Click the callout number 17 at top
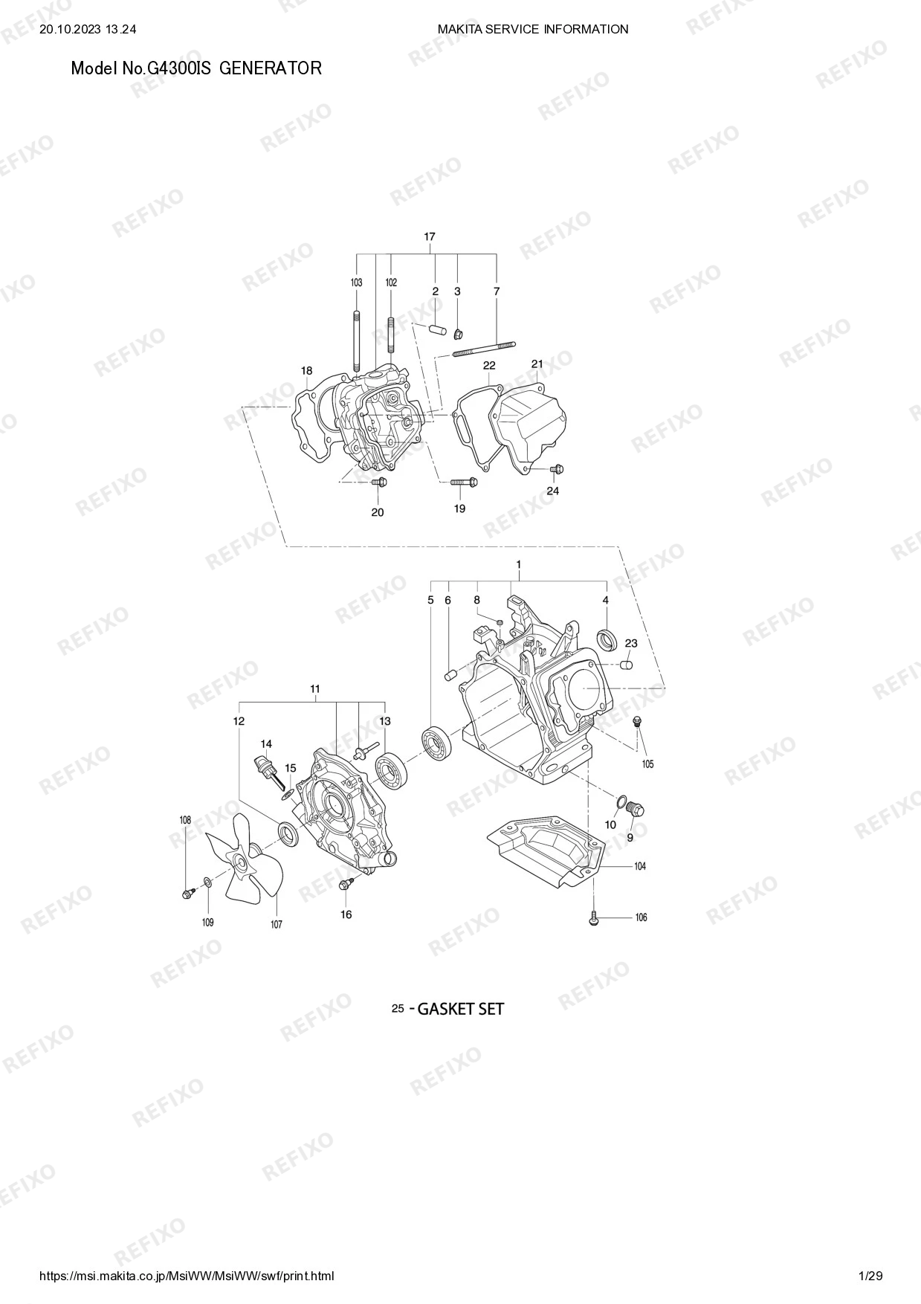pyautogui.click(x=430, y=237)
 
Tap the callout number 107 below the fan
pyautogui.click(x=277, y=925)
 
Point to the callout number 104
pyautogui.click(x=640, y=867)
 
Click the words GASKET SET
pyautogui.click(x=461, y=1009)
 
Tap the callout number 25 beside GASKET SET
pyautogui.click(x=398, y=1009)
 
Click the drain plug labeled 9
pyautogui.click(x=636, y=809)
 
